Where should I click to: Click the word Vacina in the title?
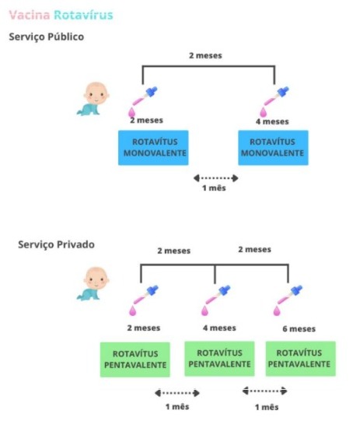30,15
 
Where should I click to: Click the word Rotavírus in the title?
83,15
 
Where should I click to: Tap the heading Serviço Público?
47,37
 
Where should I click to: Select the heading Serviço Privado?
56,244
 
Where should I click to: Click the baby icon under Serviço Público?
93,99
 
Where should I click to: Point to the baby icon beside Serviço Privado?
93,284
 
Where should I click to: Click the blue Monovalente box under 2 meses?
153,148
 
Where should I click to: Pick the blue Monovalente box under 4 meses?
273,148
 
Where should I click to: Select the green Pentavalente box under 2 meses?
135,359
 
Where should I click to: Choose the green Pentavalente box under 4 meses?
219,359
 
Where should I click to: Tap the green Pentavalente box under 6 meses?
301,359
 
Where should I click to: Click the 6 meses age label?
299,329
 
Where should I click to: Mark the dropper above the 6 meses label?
288,300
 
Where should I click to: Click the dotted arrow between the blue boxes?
216,178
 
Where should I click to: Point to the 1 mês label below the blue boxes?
214,187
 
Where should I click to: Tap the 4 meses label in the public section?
272,121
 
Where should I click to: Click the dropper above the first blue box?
142,102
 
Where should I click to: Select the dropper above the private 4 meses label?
215,300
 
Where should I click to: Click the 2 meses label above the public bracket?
205,55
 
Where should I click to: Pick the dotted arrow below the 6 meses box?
264,391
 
